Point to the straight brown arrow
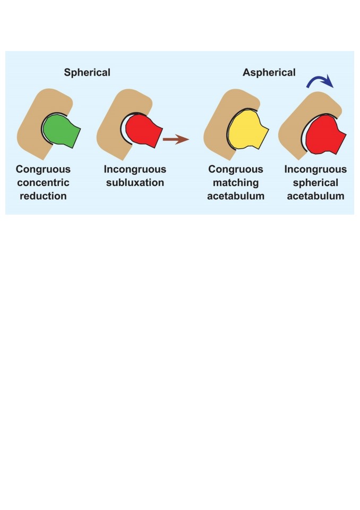click(x=176, y=139)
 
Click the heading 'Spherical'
click(x=87, y=72)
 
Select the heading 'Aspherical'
click(x=269, y=72)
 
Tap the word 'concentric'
click(x=43, y=182)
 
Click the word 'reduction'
click(x=43, y=196)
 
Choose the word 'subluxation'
click(x=135, y=182)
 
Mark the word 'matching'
click(x=236, y=182)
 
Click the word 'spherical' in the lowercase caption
click(x=315, y=182)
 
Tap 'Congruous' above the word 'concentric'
click(x=43, y=169)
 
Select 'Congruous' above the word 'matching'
click(x=236, y=169)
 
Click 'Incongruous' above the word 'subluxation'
click(x=135, y=169)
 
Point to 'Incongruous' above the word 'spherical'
click(x=315, y=169)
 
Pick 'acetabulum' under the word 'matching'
click(x=236, y=196)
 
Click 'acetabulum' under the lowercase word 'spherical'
click(x=315, y=196)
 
